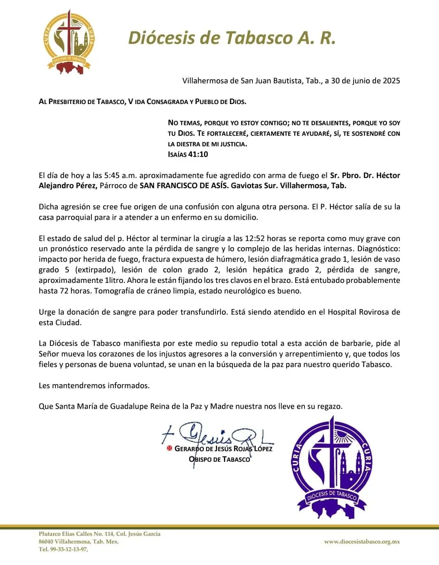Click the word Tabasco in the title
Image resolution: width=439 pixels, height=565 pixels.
(x=259, y=38)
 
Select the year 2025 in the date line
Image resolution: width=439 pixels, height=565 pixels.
(x=391, y=80)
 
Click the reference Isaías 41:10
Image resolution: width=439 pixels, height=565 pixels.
(x=188, y=154)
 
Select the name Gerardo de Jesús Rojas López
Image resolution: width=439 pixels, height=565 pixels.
(x=223, y=449)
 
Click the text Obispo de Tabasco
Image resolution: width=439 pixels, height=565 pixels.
(x=219, y=459)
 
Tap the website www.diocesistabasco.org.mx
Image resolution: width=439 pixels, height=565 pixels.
(x=362, y=541)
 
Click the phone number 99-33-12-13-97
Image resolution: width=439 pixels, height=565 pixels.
(x=63, y=549)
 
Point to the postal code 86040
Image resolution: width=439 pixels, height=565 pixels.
(x=46, y=541)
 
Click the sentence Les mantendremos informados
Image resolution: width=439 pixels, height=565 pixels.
(x=94, y=385)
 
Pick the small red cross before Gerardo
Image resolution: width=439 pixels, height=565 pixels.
(x=170, y=449)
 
